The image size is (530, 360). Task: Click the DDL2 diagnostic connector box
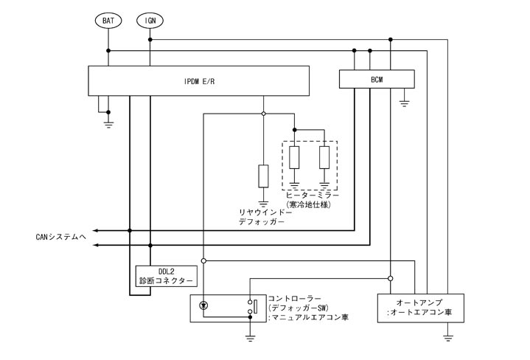(x=166, y=277)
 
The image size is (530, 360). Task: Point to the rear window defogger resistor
(x=263, y=176)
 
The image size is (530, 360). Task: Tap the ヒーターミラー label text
(x=310, y=195)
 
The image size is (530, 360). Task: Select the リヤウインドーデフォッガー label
(x=265, y=216)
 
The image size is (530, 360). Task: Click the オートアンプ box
(x=419, y=308)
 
